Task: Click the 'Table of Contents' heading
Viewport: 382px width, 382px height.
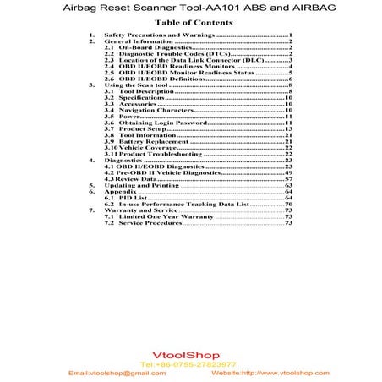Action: point(190,22)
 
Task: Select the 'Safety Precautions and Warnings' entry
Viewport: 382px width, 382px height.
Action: point(160,35)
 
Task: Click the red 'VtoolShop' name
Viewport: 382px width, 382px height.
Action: point(190,355)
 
